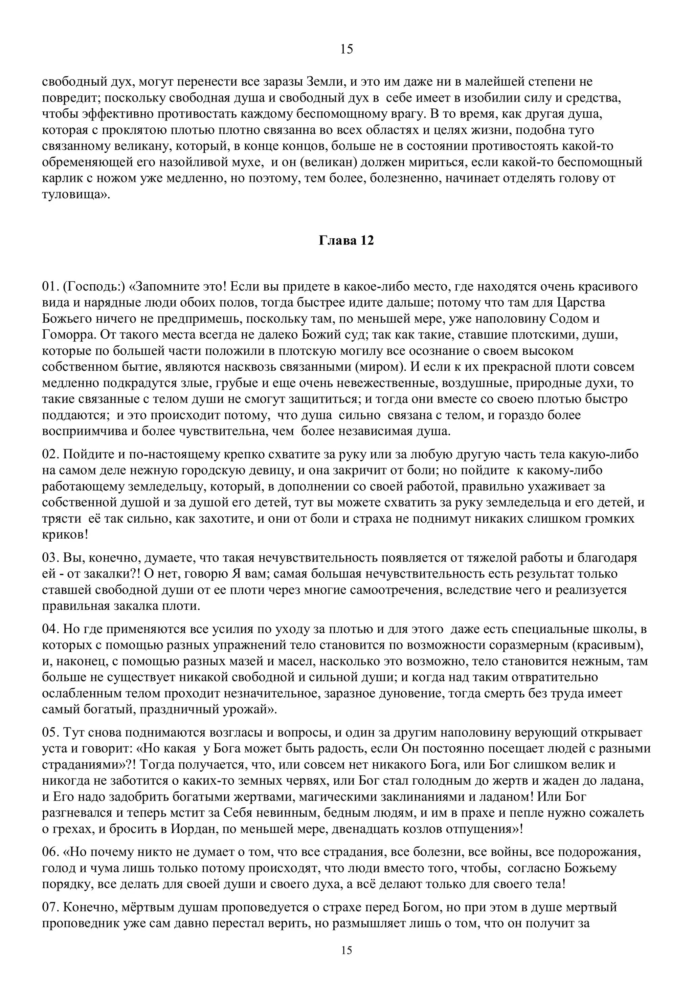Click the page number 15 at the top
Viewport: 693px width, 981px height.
coord(346,49)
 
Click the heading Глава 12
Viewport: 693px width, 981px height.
coord(346,241)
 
